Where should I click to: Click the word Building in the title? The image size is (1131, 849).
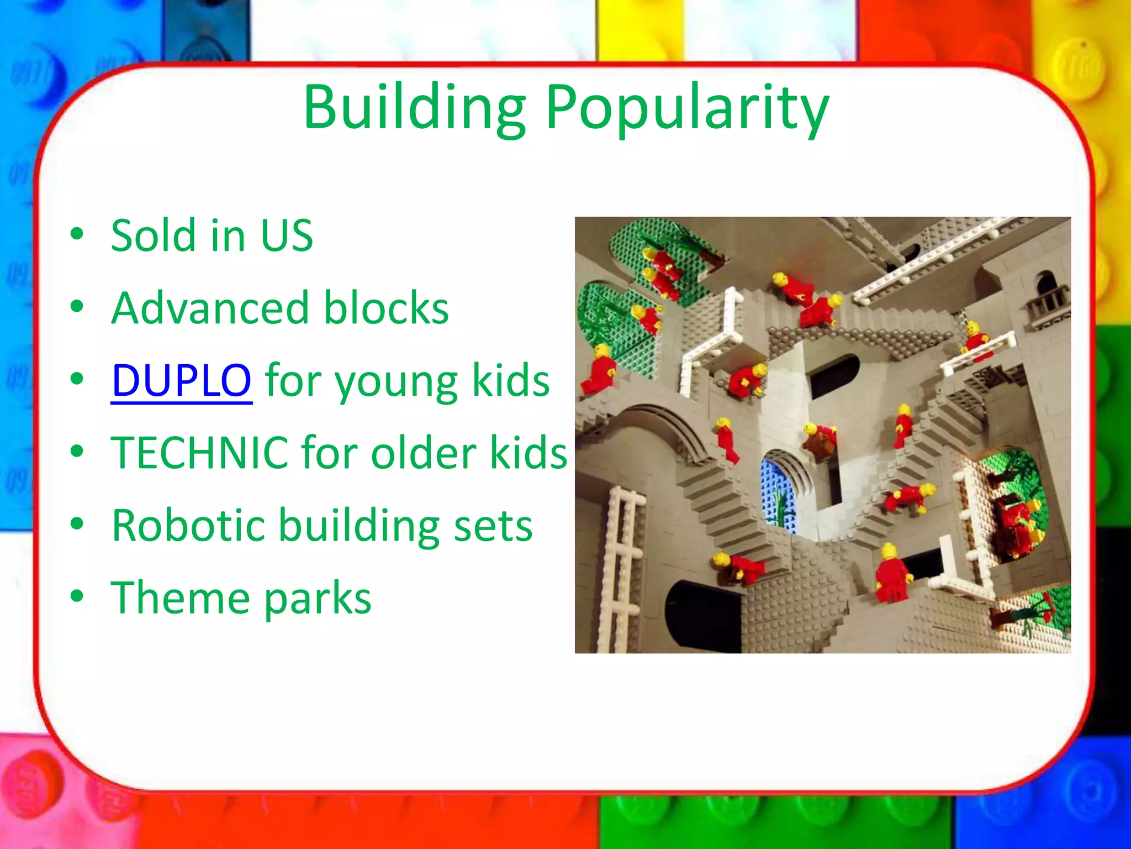click(x=414, y=108)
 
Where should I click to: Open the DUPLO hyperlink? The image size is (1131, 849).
click(x=182, y=381)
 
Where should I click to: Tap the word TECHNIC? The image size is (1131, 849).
click(x=199, y=453)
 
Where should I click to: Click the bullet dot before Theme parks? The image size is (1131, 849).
click(x=77, y=596)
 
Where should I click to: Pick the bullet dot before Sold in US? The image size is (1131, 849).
click(x=77, y=234)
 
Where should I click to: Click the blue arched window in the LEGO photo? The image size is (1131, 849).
click(x=779, y=495)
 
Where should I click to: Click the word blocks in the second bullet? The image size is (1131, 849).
click(x=386, y=308)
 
